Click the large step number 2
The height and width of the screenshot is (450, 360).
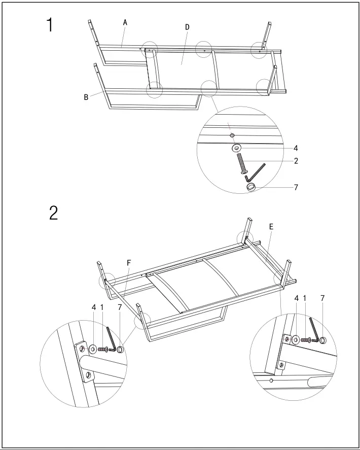(x=53, y=213)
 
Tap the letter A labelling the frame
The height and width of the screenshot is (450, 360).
(x=125, y=22)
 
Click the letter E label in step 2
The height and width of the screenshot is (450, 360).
(x=272, y=228)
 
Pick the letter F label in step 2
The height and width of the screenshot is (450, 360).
(x=129, y=263)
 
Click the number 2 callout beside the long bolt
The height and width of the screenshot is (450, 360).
(x=295, y=161)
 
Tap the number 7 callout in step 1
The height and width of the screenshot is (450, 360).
(x=295, y=187)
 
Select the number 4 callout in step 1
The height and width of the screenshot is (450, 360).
(x=295, y=149)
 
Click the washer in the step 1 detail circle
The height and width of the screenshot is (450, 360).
(x=236, y=149)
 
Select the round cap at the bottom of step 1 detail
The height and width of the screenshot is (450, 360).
(x=251, y=187)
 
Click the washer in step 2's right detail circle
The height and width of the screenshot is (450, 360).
(x=296, y=338)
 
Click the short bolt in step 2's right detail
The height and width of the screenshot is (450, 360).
(x=306, y=339)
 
